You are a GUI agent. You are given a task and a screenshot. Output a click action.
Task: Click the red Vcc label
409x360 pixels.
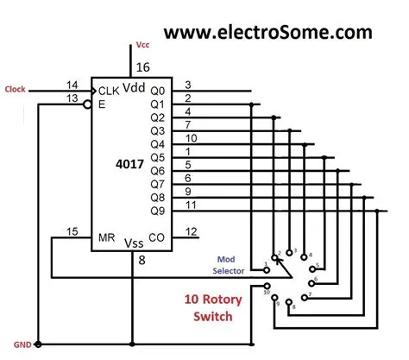[142, 43]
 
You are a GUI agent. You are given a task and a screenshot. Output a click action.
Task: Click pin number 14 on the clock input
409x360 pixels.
[72, 84]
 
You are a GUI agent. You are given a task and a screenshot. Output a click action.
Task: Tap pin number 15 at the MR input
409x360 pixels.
[73, 231]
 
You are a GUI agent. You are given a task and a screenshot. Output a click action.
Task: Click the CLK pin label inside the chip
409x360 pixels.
[109, 89]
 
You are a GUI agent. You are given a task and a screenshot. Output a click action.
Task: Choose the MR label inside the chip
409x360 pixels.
[105, 236]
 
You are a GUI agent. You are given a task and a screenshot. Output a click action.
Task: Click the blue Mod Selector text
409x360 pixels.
[227, 264]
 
